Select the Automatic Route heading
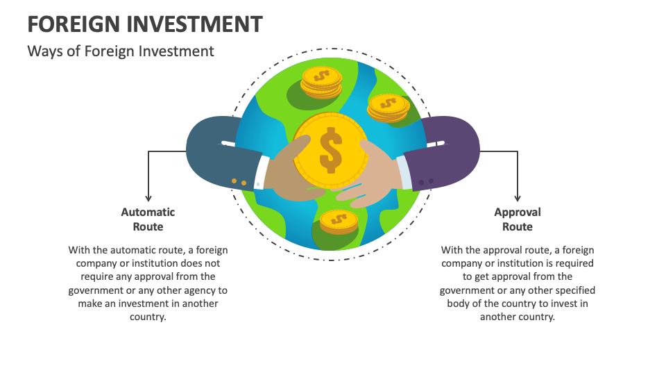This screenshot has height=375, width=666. (x=148, y=219)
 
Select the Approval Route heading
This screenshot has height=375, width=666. (x=517, y=219)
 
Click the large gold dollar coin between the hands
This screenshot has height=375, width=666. (x=330, y=151)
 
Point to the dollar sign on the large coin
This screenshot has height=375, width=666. (x=330, y=151)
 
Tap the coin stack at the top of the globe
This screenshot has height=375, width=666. (x=321, y=83)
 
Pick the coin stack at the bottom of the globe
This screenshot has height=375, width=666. (x=339, y=222)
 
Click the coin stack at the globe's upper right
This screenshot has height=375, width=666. (x=388, y=107)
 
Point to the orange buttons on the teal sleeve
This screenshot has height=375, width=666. (x=239, y=182)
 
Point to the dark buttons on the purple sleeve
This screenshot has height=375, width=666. (x=426, y=182)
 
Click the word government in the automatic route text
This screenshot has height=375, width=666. (x=101, y=290)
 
